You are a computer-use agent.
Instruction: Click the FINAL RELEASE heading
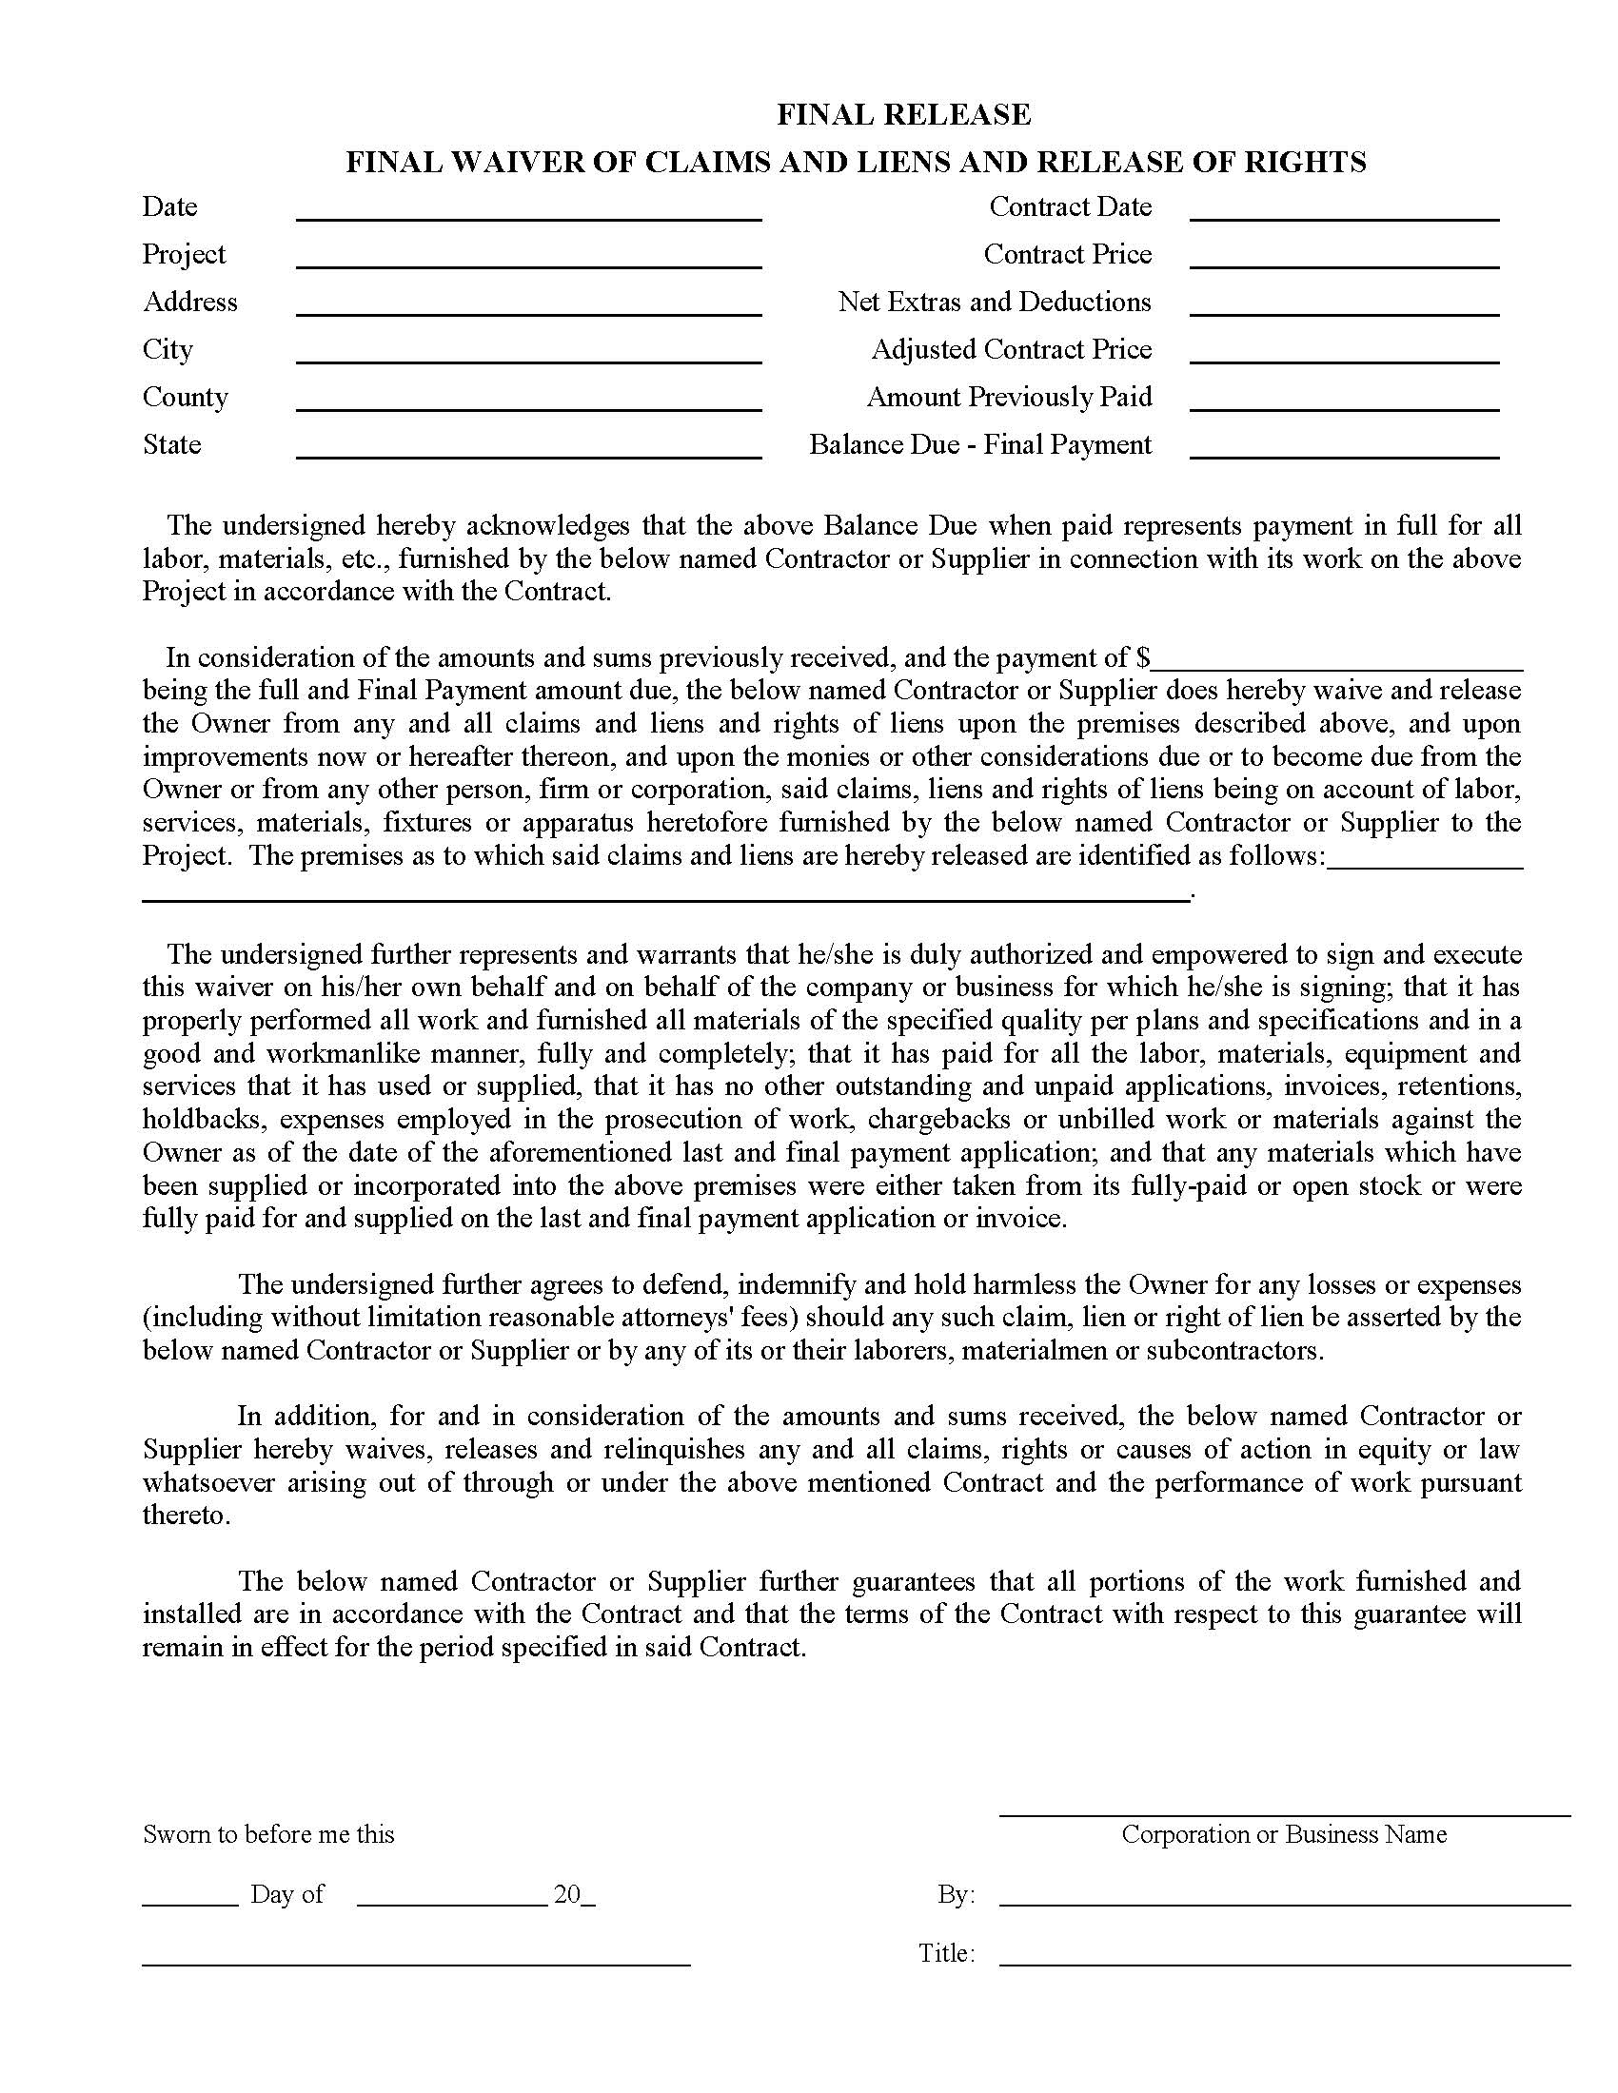pos(903,115)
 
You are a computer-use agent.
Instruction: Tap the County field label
pos(185,397)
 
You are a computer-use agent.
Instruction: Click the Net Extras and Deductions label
pos(994,302)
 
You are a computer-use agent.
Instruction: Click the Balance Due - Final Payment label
pos(979,444)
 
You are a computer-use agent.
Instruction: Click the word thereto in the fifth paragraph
pos(186,1516)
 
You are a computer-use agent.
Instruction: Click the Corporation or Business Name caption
pos(1284,1834)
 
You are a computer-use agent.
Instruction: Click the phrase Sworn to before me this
pos(268,1834)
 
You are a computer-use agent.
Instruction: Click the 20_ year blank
pos(574,1894)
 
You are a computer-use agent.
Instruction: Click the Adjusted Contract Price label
pos(1011,350)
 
